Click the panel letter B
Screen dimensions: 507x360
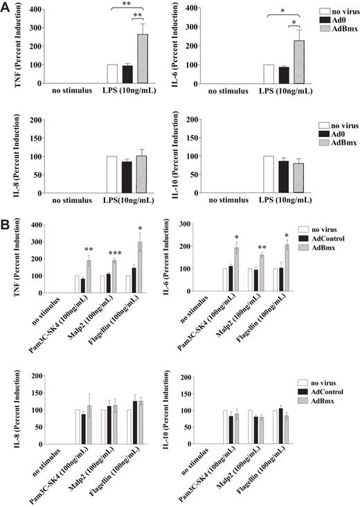click(x=6, y=224)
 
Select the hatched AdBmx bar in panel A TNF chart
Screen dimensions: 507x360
click(x=143, y=59)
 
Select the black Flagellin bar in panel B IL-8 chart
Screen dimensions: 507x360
click(x=135, y=425)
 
